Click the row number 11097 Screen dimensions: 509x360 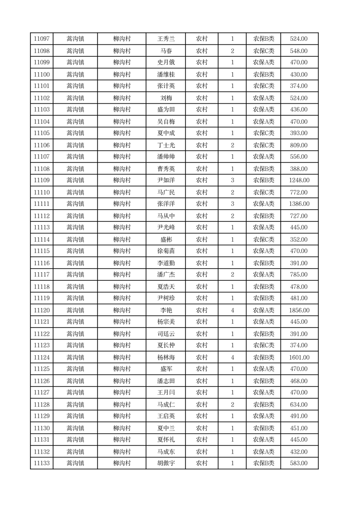pos(42,39)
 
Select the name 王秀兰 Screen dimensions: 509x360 pos(166,39)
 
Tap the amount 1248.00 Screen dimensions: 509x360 pos(299,180)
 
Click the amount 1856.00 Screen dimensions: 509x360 pos(299,310)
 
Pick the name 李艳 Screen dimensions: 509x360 pos(166,310)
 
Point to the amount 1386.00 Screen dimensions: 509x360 pos(299,204)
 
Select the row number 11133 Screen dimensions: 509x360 pos(42,463)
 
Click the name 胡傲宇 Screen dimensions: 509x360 pos(166,463)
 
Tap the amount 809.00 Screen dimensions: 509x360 pos(299,145)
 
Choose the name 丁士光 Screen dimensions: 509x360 pos(166,145)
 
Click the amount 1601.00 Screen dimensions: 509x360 pos(299,357)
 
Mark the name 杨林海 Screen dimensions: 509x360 pos(166,357)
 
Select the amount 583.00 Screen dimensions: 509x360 pos(299,463)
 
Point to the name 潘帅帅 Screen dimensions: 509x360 pos(166,157)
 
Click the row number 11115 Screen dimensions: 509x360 pos(42,251)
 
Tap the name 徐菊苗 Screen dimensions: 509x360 pos(166,251)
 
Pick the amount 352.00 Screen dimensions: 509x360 pos(299,240)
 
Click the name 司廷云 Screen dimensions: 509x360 pos(166,334)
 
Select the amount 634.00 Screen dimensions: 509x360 pos(299,405)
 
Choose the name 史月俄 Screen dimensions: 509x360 pos(166,62)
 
